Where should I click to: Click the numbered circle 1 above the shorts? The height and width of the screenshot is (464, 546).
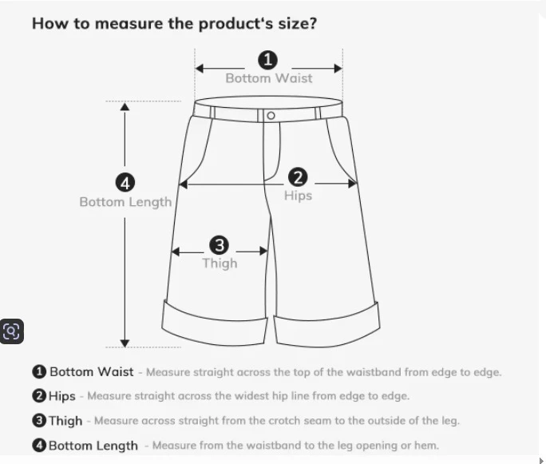[267, 60]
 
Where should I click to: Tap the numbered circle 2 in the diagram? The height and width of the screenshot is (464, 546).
[298, 177]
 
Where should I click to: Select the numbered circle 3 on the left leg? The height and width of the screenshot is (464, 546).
[220, 245]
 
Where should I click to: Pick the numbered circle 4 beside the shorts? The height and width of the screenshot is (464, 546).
[125, 183]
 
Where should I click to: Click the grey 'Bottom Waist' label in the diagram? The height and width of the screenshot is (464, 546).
[269, 78]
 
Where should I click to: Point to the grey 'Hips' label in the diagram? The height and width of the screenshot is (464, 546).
[298, 196]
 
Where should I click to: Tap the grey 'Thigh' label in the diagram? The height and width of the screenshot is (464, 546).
[220, 264]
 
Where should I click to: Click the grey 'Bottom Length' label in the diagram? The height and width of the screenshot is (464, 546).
[125, 202]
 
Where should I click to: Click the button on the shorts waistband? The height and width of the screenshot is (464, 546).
[271, 115]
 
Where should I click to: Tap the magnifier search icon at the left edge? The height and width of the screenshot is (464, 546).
[12, 331]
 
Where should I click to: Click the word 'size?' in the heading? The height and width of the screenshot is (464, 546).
[298, 24]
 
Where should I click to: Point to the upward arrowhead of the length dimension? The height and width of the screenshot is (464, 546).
[125, 106]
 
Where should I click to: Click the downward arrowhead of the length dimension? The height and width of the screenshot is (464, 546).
[125, 343]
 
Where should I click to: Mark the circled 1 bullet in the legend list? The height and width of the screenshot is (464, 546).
[39, 371]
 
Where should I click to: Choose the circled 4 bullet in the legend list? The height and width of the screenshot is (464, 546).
[39, 445]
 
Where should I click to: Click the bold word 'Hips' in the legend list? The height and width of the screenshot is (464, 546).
[62, 396]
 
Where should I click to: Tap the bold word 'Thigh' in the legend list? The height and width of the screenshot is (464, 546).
[65, 421]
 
